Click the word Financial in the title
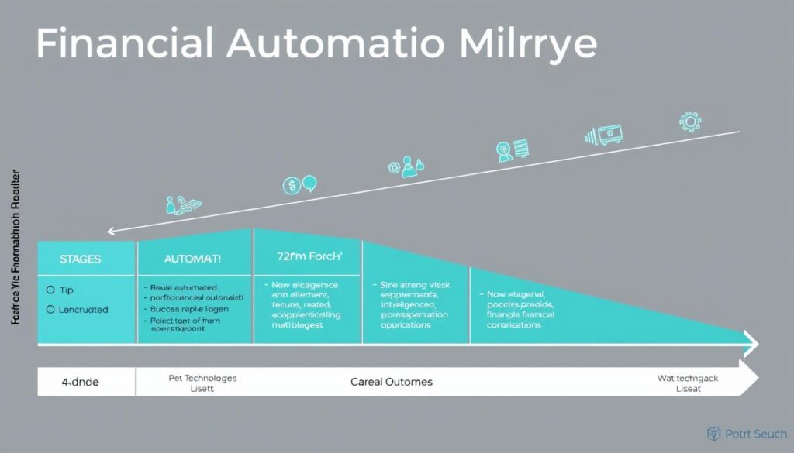pos(124,44)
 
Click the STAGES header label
pos(80,259)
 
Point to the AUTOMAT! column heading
pos(193,259)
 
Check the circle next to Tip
pos(51,290)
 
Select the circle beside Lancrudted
pos(51,309)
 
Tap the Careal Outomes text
pos(392,382)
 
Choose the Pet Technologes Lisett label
pos(202,383)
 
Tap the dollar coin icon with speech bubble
pos(299,185)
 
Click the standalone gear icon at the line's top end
pos(689,122)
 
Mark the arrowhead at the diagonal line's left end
pos(111,230)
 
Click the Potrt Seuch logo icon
pos(715,434)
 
